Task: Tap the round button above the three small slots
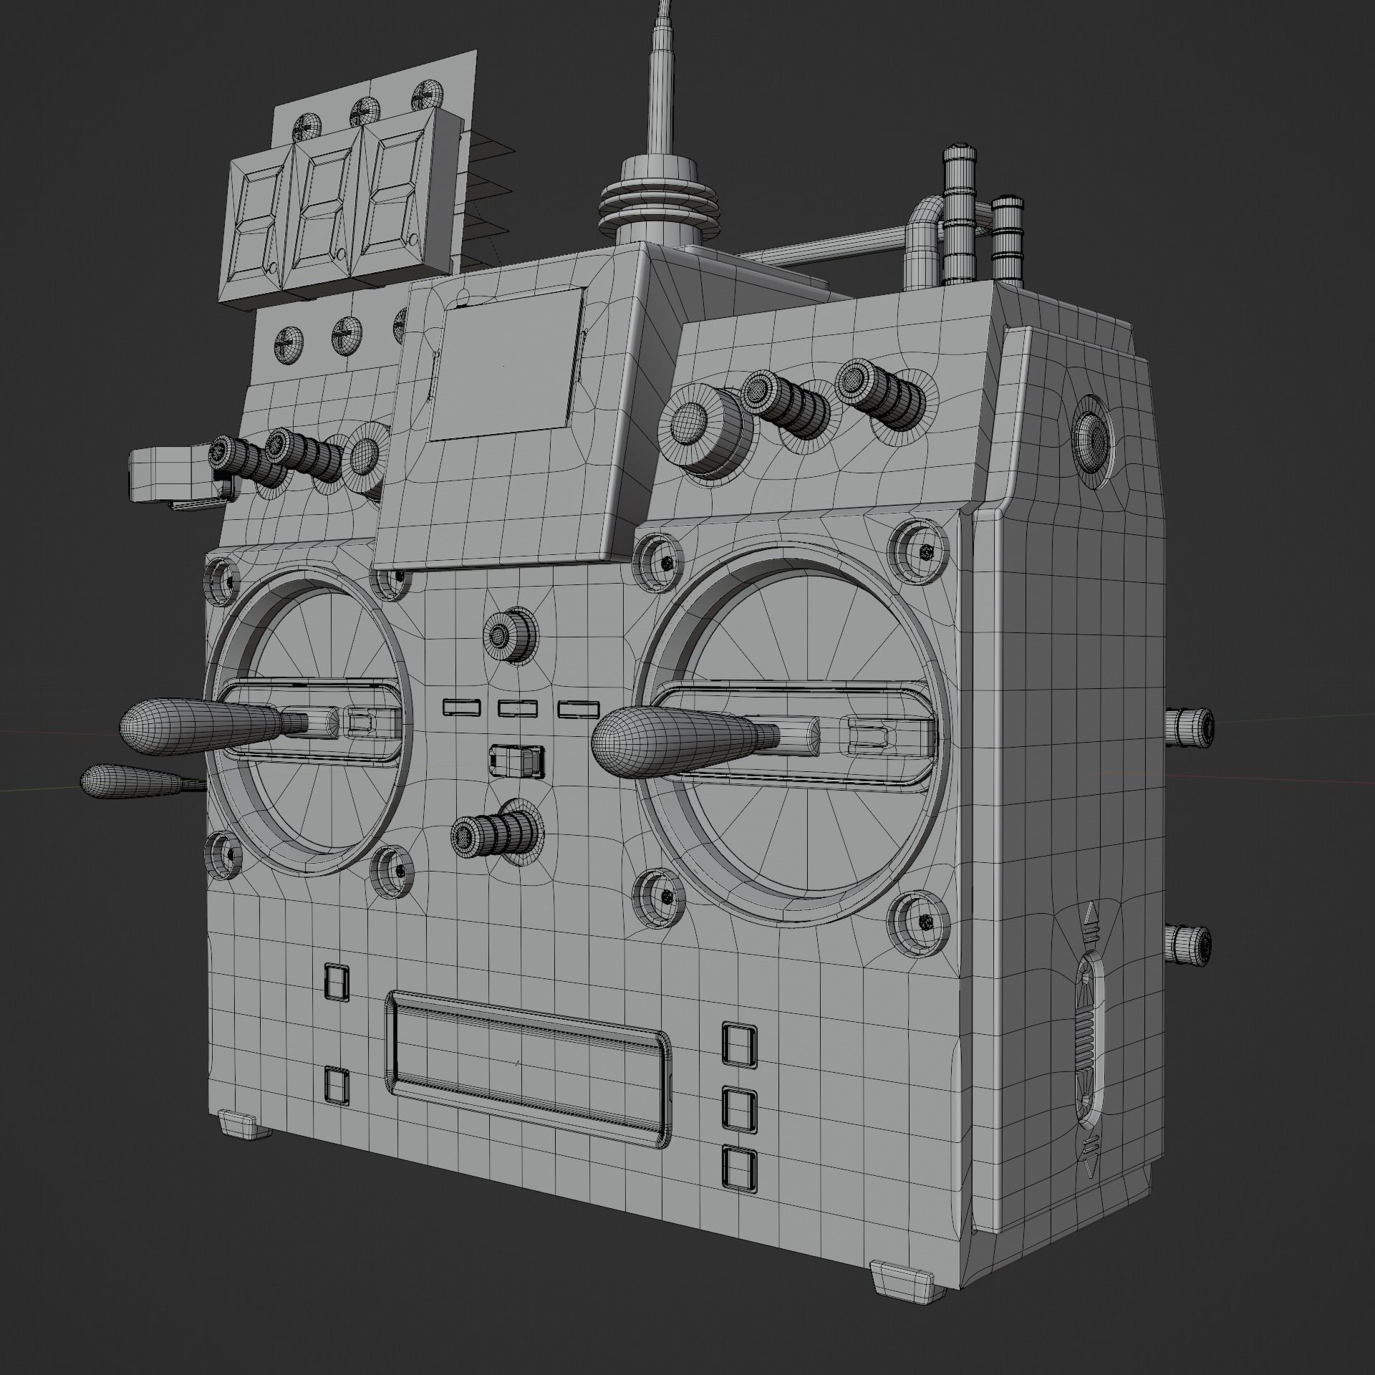(510, 633)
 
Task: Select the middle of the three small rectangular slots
(517, 708)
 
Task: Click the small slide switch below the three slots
(517, 761)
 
